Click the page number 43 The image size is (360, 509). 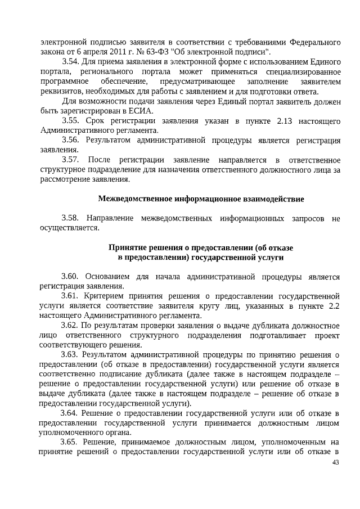coord(336,462)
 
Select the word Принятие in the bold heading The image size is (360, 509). coord(128,247)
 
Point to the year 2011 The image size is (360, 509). coord(107,52)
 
